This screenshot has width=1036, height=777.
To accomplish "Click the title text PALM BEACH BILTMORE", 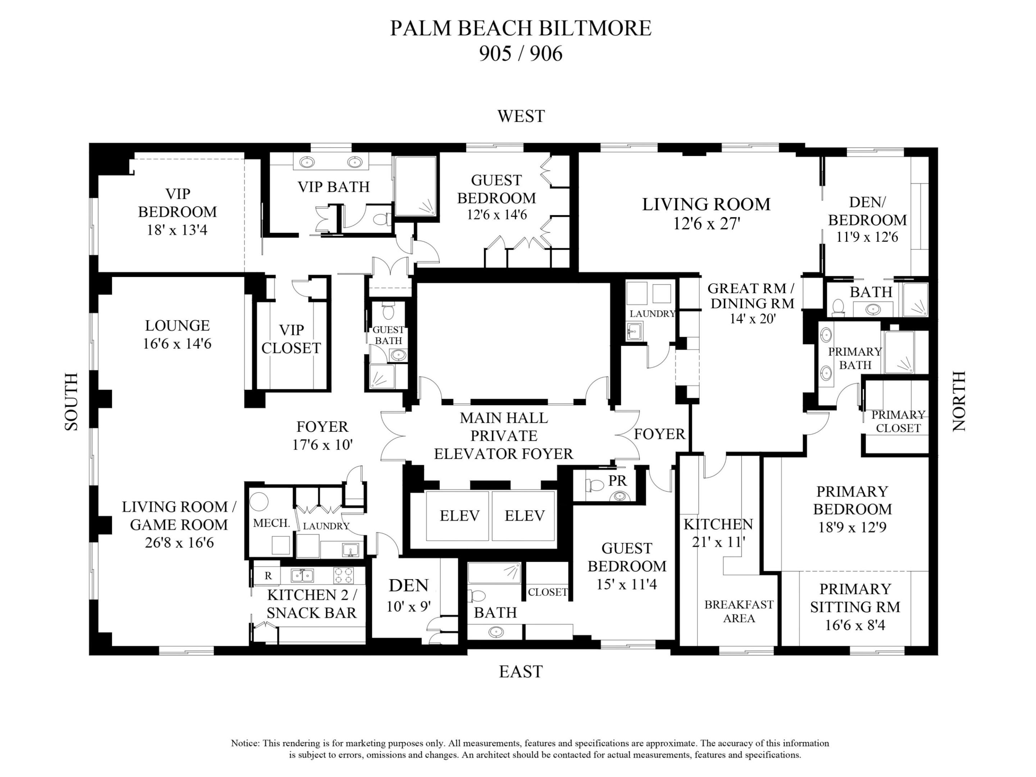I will click(521, 28).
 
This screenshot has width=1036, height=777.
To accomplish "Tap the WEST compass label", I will click(521, 116).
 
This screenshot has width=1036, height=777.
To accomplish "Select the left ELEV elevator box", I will click(459, 515).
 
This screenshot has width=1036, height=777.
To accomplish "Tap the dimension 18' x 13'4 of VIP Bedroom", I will click(177, 230).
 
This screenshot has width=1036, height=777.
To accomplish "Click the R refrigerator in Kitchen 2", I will click(268, 576).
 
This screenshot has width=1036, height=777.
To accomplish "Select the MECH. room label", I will click(271, 523).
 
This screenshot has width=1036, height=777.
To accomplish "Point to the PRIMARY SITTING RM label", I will click(855, 597).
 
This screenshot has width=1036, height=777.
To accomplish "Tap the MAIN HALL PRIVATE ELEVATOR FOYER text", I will click(504, 436).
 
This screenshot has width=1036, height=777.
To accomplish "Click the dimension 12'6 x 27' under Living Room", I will click(706, 224).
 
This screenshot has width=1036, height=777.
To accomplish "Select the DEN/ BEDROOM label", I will click(867, 211).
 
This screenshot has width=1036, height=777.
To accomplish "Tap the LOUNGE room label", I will click(177, 326).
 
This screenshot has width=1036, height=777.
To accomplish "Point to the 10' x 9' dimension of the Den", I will click(408, 606).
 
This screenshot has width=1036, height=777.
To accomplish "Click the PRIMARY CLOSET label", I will click(898, 421).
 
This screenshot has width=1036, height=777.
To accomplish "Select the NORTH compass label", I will click(959, 401).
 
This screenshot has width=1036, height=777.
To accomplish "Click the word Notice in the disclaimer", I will click(245, 743).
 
